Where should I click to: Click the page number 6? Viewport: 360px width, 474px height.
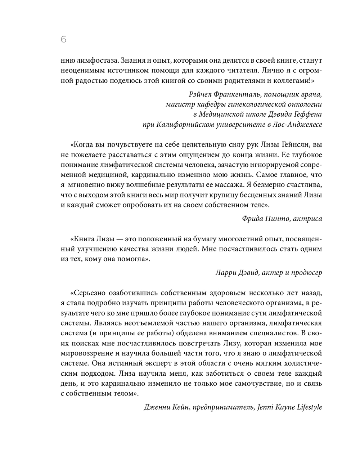tap(63, 40)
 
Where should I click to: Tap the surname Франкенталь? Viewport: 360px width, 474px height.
tap(239, 94)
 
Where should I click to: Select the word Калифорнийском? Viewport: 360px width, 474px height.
tap(185, 125)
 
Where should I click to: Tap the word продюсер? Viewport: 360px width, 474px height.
tap(306, 272)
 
